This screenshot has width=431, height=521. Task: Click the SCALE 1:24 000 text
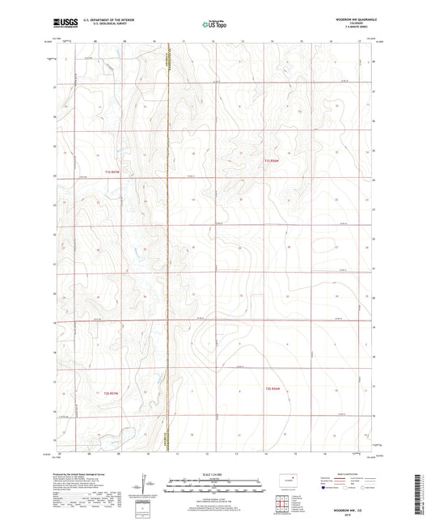point(215,474)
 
